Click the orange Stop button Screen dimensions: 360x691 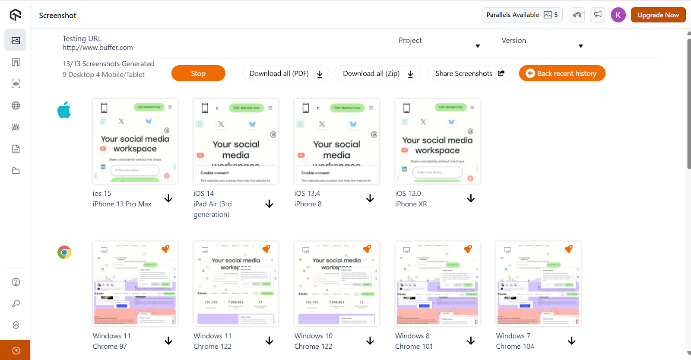coord(198,73)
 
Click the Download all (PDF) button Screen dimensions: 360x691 coord(285,73)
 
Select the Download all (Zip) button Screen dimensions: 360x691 coord(378,73)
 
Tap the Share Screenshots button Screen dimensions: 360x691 coord(469,73)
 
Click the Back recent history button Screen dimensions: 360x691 coord(562,73)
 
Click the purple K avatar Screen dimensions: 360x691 coord(618,15)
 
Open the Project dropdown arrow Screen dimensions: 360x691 coord(478,46)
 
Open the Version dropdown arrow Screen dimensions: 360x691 coord(580,46)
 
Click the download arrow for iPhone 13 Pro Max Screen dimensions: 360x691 coord(168,198)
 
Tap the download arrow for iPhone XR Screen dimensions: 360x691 coord(471,198)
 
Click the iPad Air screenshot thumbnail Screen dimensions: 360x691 coord(236,141)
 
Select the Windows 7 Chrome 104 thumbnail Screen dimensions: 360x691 coord(538,284)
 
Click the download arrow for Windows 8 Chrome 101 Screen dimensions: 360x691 coord(471,341)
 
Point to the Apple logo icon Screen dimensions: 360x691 coord(64,110)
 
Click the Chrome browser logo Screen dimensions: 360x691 coord(64,252)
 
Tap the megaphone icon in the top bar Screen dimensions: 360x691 coord(598,15)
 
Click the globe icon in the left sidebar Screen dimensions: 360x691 coord(16,105)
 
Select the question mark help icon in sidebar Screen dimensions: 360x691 coord(16,282)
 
